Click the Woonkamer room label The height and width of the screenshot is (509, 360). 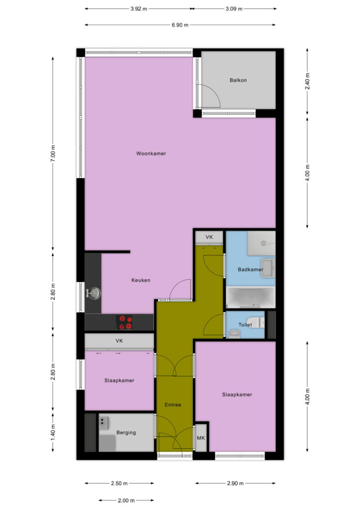(x=151, y=154)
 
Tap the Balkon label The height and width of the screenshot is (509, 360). (x=238, y=80)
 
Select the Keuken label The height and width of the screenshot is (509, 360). (x=141, y=280)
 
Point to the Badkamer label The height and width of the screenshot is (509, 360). (x=250, y=269)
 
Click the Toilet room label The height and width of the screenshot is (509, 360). (x=245, y=325)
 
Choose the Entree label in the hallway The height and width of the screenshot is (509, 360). (x=173, y=405)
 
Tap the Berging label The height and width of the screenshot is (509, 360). (x=126, y=433)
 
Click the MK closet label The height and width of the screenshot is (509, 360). (x=201, y=438)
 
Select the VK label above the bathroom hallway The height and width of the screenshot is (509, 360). (x=209, y=237)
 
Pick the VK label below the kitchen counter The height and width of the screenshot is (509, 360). (x=119, y=341)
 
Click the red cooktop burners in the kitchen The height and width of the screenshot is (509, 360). (x=124, y=322)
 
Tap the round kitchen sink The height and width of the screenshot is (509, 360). (x=93, y=293)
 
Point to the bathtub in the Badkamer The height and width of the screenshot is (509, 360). (x=251, y=297)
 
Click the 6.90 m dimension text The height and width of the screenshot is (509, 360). (x=180, y=25)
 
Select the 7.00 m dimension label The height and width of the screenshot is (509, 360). (x=53, y=153)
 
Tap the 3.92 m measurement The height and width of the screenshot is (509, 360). (x=139, y=9)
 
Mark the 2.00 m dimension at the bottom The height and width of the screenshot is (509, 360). (x=126, y=500)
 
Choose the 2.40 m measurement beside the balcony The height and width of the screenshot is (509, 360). (x=308, y=81)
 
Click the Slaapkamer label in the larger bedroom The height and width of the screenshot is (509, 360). (x=237, y=395)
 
